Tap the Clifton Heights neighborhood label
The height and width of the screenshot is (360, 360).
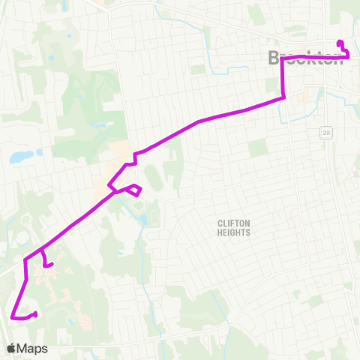(x=233, y=228)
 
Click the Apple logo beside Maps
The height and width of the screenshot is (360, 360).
(x=10, y=349)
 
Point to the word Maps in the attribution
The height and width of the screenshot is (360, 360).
(x=33, y=349)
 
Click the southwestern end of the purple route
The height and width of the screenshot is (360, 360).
(x=36, y=313)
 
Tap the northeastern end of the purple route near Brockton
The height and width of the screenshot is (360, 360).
(x=340, y=43)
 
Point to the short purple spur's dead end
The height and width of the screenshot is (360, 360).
(x=51, y=264)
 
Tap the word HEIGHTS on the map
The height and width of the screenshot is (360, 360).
(x=233, y=232)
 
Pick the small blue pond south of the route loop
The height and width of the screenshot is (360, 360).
(x=143, y=220)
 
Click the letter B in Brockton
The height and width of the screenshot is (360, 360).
(x=274, y=57)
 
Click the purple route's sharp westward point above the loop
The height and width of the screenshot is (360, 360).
(x=109, y=183)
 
